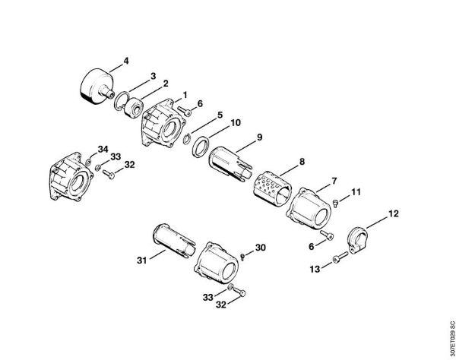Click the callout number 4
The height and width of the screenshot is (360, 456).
126,60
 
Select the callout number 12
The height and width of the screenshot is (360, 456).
393,214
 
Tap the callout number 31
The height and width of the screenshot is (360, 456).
141,260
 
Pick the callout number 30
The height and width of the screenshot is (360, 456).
260,248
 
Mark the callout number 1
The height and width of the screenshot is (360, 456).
184,95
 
